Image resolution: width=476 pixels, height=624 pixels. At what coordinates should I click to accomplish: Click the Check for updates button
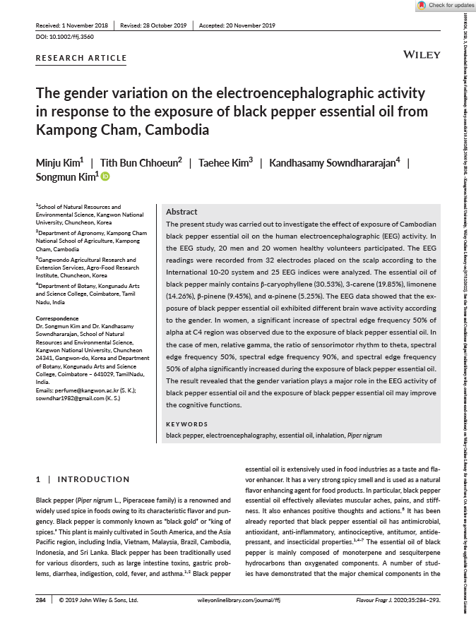tap(445, 6)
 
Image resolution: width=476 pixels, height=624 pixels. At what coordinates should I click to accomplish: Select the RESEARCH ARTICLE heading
tap(81, 59)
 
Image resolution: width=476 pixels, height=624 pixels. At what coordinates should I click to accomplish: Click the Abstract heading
tap(182, 212)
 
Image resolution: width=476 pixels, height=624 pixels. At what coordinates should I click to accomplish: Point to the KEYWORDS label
tap(186, 424)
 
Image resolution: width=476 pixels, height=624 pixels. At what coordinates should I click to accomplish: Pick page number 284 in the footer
tap(40, 599)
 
